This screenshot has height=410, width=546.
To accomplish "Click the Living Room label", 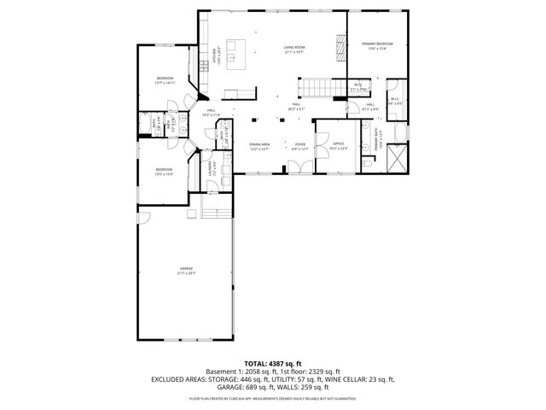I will pyautogui.click(x=295, y=50).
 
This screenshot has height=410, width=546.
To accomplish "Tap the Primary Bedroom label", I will pyautogui.click(x=376, y=45).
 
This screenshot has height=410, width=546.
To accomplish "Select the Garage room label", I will pyautogui.click(x=186, y=271).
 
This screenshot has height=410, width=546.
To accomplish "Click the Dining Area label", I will pyautogui.click(x=259, y=146).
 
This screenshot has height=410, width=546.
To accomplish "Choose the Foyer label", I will pyautogui.click(x=300, y=146).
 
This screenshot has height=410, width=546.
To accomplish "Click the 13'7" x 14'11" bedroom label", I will pyautogui.click(x=165, y=80).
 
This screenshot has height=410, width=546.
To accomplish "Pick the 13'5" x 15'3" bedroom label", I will pyautogui.click(x=165, y=172).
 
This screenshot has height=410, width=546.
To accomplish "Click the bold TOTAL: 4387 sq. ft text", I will pyautogui.click(x=273, y=363).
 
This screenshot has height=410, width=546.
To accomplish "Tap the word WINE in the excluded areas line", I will pyautogui.click(x=329, y=378).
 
